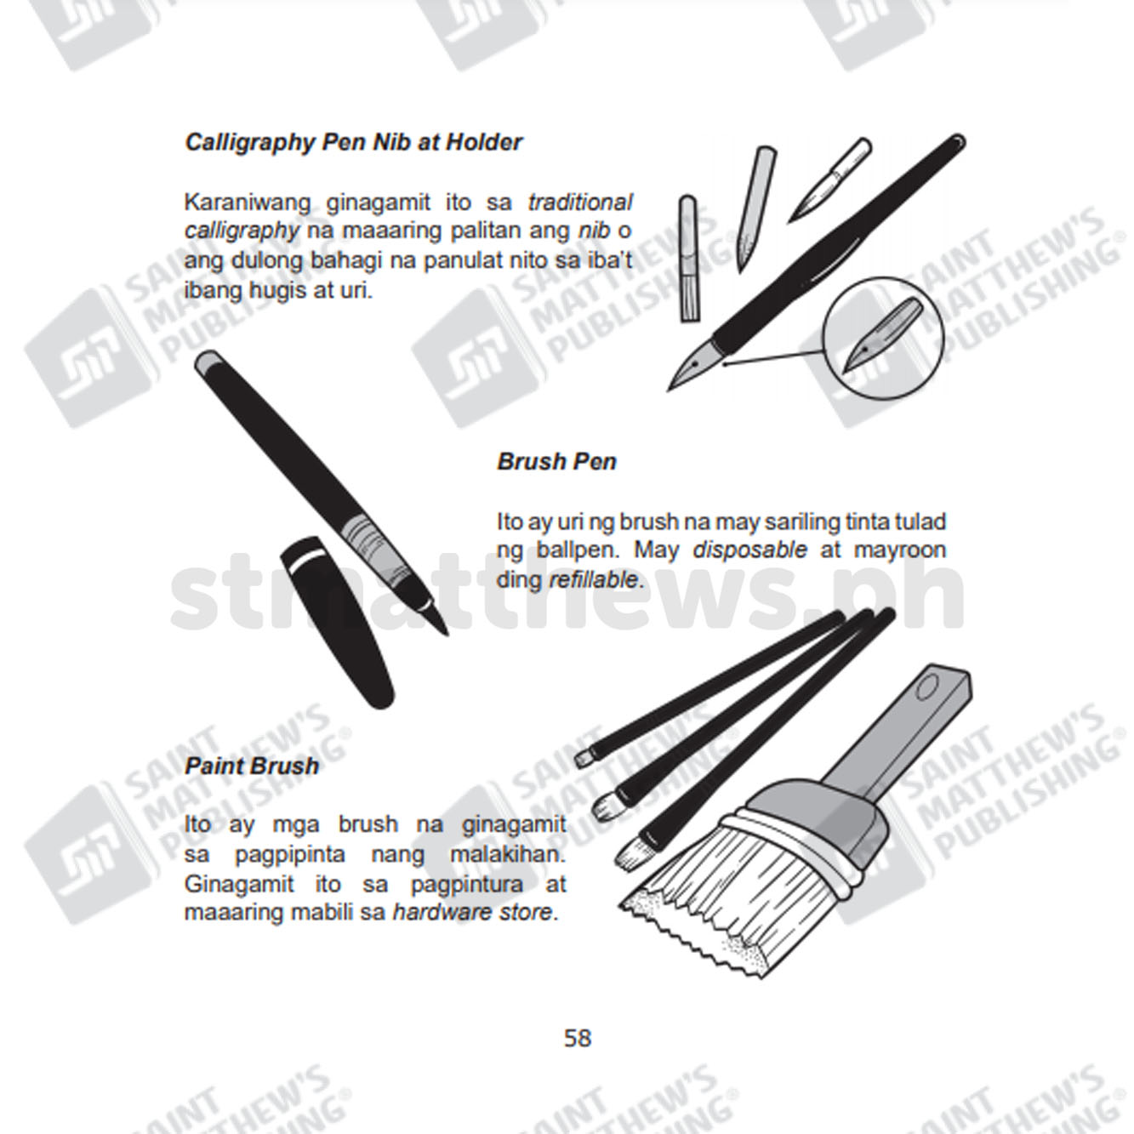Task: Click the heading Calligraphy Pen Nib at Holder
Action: pos(354,142)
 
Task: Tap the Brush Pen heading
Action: pos(556,461)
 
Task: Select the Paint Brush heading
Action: pos(252,766)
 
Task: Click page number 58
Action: pos(578,1038)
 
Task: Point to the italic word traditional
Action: pos(579,202)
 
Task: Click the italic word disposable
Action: pos(749,550)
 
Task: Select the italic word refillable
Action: pos(593,580)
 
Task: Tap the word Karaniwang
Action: pos(248,202)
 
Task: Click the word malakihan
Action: pos(507,854)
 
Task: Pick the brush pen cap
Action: pos(337,623)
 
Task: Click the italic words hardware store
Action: pos(473,913)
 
